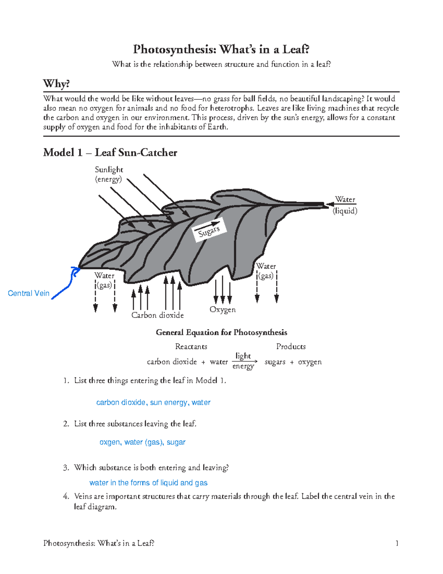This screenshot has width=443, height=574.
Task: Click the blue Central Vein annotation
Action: [28, 293]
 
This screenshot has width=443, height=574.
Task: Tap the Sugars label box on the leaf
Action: [209, 231]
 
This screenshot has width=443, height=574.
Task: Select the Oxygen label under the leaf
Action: [222, 310]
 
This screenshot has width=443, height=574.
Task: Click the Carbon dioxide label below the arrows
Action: [158, 315]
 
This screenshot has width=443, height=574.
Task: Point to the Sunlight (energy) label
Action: [109, 174]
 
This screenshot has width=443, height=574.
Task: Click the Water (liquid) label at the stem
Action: [345, 205]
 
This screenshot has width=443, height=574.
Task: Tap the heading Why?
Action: [56, 84]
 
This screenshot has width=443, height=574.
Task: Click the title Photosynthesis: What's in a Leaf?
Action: [221, 49]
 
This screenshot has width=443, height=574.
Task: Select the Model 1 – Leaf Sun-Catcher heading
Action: [110, 153]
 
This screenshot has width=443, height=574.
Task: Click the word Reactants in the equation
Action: [191, 347]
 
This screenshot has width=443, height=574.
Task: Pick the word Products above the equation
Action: [291, 347]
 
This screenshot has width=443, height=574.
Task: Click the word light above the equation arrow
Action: [243, 356]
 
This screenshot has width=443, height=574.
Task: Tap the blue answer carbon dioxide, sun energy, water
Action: [153, 403]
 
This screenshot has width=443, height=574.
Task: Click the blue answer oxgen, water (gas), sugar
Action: [142, 442]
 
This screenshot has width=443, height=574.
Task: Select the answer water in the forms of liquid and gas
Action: [148, 483]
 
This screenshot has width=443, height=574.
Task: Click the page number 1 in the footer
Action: [397, 543]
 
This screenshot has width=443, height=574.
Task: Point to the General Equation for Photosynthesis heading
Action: [221, 332]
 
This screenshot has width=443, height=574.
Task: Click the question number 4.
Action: [66, 496]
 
